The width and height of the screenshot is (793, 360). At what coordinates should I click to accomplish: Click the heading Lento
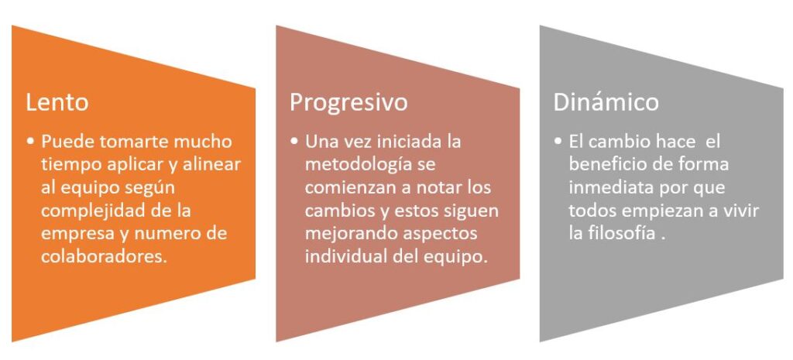(x=57, y=102)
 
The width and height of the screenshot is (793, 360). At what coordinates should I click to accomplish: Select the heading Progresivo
(x=348, y=103)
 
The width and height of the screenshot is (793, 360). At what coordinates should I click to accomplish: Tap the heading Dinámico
(x=606, y=102)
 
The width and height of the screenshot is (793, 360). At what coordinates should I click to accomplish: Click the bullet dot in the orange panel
(x=31, y=142)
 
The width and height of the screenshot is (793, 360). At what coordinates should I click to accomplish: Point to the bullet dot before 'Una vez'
(x=295, y=142)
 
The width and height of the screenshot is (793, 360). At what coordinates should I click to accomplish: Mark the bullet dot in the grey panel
(x=558, y=142)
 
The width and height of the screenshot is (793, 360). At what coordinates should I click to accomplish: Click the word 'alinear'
(x=215, y=164)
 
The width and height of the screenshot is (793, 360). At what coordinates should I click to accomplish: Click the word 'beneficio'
(x=605, y=164)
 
